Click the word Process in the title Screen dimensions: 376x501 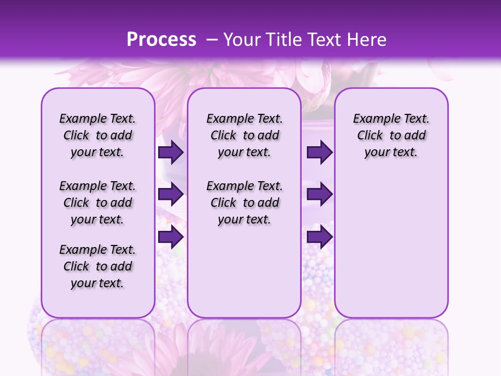click(x=161, y=40)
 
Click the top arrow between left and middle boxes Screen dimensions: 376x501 click(x=171, y=152)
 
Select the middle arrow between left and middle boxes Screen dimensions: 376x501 click(x=171, y=194)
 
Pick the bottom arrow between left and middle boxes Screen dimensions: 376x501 click(x=171, y=237)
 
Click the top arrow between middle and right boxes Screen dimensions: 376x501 click(x=319, y=152)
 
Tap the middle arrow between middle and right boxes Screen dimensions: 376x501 click(x=319, y=194)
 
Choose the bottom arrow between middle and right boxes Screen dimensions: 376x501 click(x=319, y=237)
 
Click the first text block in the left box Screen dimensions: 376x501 click(x=98, y=135)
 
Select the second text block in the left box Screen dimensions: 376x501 click(x=98, y=203)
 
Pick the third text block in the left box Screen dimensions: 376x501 click(x=98, y=266)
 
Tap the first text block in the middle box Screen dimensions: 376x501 click(x=244, y=135)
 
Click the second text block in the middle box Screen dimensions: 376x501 click(x=244, y=203)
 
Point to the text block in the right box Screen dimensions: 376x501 click(x=391, y=135)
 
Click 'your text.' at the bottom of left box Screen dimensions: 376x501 click(x=98, y=283)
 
